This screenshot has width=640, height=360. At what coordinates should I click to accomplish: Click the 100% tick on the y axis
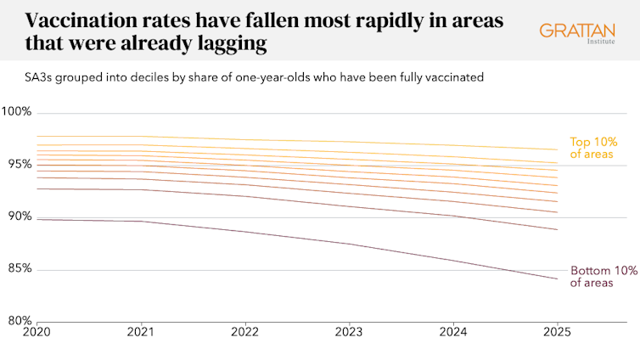[17, 112]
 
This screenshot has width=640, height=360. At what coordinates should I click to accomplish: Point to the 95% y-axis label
[17, 164]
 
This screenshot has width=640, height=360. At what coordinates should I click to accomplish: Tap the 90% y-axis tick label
[17, 217]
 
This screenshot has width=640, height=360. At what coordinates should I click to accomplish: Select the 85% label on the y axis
[17, 269]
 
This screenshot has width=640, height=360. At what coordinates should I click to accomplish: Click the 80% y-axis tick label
[17, 322]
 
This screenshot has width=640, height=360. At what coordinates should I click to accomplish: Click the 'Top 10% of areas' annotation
[592, 148]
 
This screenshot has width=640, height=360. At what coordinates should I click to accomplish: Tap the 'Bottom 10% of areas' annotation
[602, 277]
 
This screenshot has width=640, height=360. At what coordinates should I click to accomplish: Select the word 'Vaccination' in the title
[72, 21]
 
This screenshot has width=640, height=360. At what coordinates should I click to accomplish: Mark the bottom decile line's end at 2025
[557, 278]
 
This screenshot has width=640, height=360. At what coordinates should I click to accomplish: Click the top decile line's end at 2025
[557, 149]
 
